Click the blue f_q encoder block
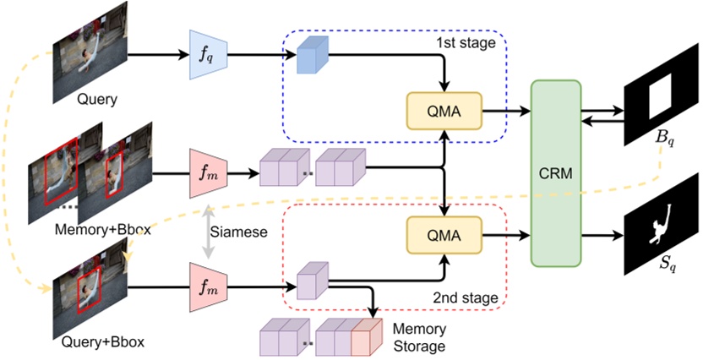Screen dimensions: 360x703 pyautogui.click(x=204, y=56)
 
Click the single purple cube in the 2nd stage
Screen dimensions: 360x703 pyautogui.click(x=311, y=279)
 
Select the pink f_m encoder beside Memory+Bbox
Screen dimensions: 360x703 pyautogui.click(x=204, y=174)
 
